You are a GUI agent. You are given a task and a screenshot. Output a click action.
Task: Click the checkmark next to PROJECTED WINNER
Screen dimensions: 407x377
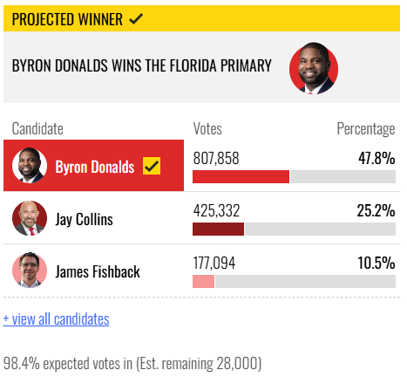click(136, 19)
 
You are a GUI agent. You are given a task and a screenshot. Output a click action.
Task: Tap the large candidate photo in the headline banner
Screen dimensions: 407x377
click(314, 69)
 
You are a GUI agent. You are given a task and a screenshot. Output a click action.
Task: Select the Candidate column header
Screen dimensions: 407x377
click(37, 128)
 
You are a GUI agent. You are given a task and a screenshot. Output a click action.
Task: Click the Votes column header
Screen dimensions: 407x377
click(207, 128)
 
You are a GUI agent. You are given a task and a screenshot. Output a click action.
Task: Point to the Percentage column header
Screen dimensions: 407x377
click(366, 129)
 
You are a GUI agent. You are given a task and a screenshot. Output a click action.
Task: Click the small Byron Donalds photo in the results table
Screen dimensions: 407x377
click(30, 165)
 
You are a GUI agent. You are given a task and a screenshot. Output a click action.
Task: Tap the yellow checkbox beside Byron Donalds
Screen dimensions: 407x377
click(152, 166)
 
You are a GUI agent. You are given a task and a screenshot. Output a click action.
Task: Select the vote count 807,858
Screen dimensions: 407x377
click(216, 159)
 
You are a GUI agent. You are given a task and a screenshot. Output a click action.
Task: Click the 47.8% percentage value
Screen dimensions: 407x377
click(376, 158)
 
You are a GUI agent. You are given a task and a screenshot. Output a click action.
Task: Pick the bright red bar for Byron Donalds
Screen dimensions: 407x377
click(241, 176)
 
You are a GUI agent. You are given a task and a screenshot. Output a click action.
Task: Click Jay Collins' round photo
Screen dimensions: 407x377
click(30, 218)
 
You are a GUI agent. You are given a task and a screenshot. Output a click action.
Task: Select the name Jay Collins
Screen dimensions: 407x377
click(85, 219)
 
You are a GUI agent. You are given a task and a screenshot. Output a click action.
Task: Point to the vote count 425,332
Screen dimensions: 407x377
click(216, 210)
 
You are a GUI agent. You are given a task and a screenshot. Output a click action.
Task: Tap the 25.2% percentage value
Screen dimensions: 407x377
click(376, 210)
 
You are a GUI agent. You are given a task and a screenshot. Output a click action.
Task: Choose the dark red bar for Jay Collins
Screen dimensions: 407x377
click(218, 229)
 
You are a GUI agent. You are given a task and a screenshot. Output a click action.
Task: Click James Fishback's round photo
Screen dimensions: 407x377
click(30, 271)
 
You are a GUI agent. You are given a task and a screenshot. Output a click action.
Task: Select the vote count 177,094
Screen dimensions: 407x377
click(214, 263)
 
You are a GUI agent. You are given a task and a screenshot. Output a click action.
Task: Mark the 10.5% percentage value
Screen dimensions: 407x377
click(376, 263)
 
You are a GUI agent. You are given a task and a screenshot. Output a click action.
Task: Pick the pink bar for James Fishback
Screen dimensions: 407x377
click(203, 281)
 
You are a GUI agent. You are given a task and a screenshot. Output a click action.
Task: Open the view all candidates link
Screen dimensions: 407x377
click(56, 319)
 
